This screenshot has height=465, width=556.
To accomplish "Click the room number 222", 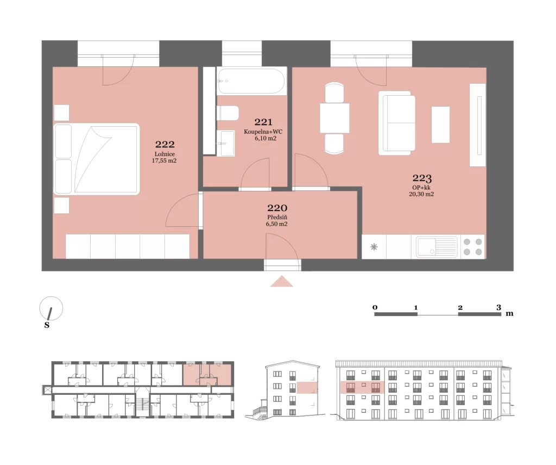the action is (x=165, y=144).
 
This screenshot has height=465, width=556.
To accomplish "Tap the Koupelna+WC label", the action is (x=263, y=132).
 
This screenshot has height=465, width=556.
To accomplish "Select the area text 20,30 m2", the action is (x=421, y=194).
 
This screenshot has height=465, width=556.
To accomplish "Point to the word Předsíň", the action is (x=277, y=218).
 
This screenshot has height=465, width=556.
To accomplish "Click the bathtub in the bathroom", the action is (x=251, y=81).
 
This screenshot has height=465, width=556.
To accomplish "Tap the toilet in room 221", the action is (x=228, y=113).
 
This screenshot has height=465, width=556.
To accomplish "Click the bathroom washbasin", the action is (x=226, y=143).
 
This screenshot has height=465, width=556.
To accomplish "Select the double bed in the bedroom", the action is (x=96, y=159).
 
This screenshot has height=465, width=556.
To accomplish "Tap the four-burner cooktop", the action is (x=473, y=246).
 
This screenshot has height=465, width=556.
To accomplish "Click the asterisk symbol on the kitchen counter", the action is (x=374, y=246).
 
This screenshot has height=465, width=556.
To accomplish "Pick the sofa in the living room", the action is (x=397, y=123).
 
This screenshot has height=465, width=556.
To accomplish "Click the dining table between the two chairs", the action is (x=334, y=118).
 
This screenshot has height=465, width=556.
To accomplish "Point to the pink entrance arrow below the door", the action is (x=282, y=281).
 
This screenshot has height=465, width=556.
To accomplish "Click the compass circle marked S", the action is (x=51, y=308).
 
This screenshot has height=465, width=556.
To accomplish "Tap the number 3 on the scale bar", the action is (x=498, y=308).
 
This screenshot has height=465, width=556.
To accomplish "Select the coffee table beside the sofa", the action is (x=440, y=125).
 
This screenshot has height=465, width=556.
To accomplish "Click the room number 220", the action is (x=277, y=208).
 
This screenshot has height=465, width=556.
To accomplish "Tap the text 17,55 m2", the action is (x=164, y=160).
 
